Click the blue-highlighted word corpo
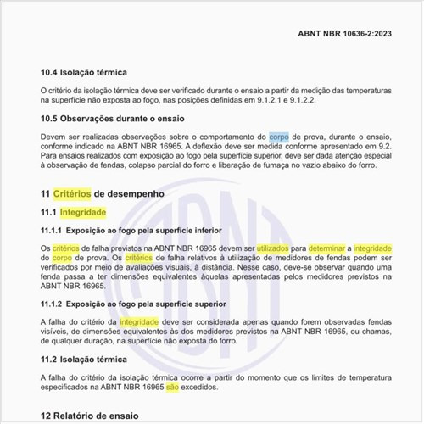279,136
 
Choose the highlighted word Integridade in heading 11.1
82,211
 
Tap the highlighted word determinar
328,247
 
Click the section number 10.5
52,120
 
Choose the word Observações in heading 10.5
98,120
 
